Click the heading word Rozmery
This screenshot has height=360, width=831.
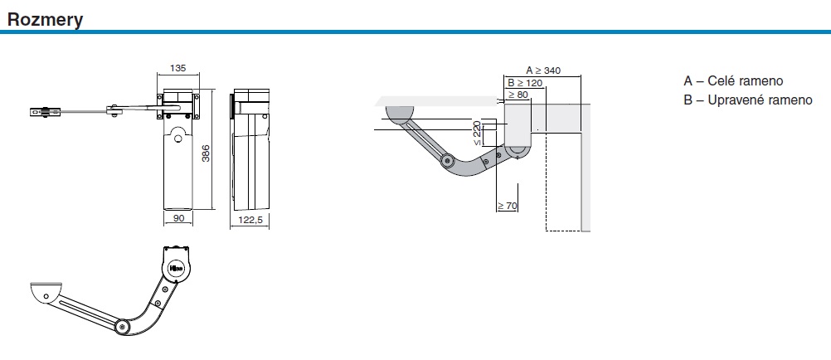(45, 20)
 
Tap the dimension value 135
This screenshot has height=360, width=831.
(177, 68)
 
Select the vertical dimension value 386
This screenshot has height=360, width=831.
(207, 153)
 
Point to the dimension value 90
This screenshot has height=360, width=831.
(178, 218)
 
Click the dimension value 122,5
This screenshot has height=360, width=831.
(250, 220)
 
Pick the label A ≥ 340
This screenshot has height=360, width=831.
(543, 70)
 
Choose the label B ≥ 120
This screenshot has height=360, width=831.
(525, 83)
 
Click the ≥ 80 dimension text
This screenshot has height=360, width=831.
(518, 95)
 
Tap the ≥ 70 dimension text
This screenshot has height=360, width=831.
(508, 206)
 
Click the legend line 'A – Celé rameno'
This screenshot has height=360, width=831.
(733, 81)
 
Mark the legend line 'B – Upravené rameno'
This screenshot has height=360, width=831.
(748, 100)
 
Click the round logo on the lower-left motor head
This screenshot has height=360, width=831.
(177, 267)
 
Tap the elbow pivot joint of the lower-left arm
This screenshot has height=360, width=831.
(123, 327)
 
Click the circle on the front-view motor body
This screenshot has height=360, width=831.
(178, 139)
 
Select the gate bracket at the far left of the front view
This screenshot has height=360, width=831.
(45, 111)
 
